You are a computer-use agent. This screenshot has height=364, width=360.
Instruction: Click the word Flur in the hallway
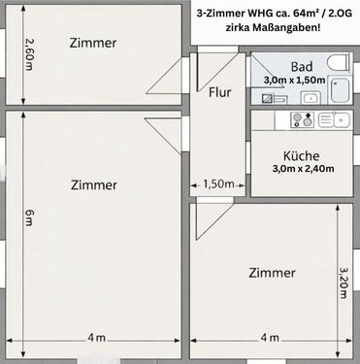219,93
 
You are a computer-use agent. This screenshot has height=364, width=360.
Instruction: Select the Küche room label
302,154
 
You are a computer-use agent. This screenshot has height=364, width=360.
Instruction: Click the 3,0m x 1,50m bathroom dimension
295,79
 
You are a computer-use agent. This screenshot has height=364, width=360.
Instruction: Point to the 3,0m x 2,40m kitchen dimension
303,168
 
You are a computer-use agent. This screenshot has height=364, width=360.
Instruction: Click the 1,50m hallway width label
218,182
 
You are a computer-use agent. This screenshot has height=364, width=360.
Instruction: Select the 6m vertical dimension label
30,218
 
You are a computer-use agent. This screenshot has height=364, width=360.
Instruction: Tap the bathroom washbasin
309,98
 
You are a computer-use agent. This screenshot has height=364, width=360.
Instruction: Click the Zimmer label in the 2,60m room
94,44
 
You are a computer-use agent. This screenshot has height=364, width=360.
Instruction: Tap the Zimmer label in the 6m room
93,184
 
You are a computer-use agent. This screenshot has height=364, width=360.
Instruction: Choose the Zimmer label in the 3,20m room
271,273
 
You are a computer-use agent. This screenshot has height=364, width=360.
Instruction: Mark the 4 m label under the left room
94,337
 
